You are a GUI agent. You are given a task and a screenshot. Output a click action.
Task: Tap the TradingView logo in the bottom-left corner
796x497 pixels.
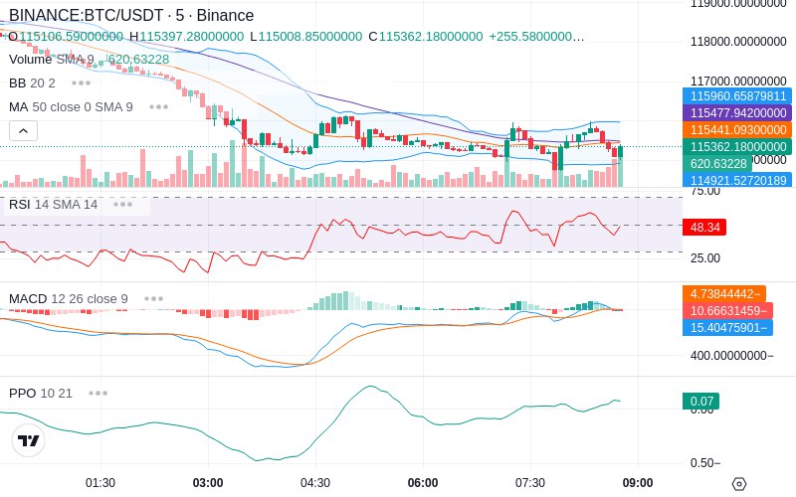(x=29, y=441)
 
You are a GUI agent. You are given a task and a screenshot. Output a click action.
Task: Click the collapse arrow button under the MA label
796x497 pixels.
(x=23, y=130)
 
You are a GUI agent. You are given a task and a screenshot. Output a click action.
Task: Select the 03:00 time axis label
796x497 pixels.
(x=208, y=483)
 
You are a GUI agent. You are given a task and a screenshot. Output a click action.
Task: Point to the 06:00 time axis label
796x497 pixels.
(x=423, y=483)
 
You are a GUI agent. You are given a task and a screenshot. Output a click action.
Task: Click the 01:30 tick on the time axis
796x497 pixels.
(x=100, y=483)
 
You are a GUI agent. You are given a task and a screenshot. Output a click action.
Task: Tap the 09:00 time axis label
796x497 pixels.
(x=638, y=483)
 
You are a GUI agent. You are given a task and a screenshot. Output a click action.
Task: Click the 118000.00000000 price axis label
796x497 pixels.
(x=738, y=42)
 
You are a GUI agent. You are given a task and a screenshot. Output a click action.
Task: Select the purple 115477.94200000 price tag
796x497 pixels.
(x=738, y=113)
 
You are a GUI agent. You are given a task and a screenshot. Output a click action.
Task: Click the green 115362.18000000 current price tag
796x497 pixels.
(x=738, y=146)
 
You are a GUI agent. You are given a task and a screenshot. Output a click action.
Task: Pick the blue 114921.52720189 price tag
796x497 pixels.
(x=738, y=180)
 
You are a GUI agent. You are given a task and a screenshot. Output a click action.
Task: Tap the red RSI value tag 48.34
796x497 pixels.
(x=705, y=228)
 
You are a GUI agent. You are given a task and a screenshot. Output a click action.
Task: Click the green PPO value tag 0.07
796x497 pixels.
(x=700, y=402)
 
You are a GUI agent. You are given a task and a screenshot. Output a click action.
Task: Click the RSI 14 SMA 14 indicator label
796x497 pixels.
(x=54, y=205)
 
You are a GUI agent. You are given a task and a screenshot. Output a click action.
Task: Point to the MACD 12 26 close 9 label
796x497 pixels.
(x=69, y=298)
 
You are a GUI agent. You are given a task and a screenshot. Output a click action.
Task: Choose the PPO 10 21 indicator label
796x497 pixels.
(x=41, y=393)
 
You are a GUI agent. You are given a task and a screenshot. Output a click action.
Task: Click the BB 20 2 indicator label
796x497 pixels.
(x=32, y=83)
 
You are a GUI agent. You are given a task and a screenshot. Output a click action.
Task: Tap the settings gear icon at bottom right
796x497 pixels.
(x=738, y=484)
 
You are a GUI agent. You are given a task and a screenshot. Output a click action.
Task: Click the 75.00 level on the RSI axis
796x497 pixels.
(x=705, y=191)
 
